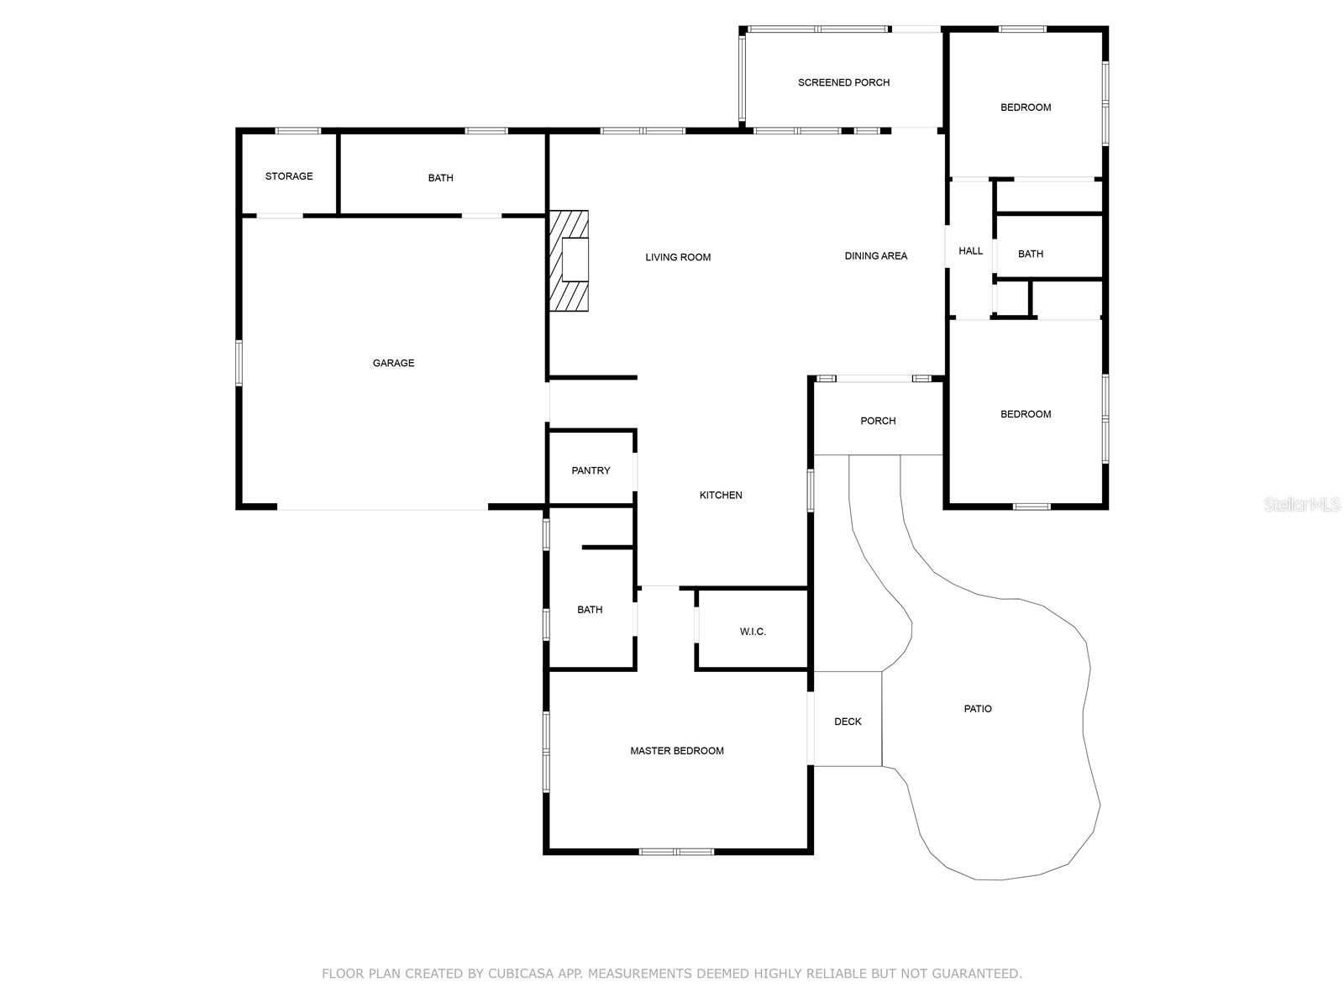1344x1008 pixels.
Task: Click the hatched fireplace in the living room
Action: (569, 260)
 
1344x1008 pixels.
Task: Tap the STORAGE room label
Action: (289, 176)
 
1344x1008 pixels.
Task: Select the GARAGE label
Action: (393, 363)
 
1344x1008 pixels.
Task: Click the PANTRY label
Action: (591, 470)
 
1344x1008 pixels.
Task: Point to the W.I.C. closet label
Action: (753, 632)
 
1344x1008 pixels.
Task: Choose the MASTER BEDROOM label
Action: (677, 751)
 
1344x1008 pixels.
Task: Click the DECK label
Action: (848, 722)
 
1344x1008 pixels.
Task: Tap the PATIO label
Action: (978, 709)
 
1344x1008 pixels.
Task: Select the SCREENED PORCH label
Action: (843, 82)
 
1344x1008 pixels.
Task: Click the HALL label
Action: (970, 251)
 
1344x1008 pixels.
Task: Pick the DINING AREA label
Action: (875, 256)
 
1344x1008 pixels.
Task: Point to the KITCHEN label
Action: (721, 496)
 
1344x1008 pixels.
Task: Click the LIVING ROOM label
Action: (678, 257)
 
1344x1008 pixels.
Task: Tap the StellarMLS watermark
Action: (1303, 505)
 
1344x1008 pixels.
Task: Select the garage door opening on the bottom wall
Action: (382, 508)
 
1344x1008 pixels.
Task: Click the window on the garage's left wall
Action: (239, 362)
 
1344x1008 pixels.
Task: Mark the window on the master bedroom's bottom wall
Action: (676, 852)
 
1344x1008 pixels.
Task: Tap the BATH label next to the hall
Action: (1030, 254)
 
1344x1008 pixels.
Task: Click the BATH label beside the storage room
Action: (440, 178)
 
